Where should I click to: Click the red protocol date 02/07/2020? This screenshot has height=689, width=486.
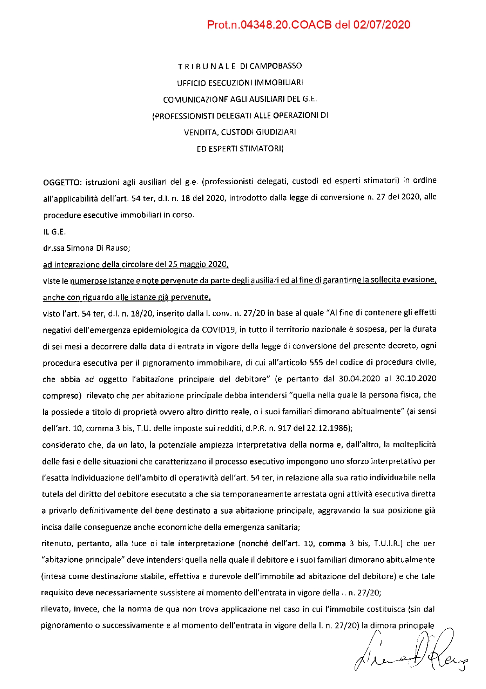382,25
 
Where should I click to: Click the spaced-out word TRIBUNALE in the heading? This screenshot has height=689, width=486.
207,67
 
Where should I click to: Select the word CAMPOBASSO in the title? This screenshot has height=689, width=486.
275,66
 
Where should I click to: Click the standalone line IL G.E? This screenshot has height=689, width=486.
54,232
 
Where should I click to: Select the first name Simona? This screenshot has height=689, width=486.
80,248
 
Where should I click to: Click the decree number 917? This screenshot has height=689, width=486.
284,428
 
